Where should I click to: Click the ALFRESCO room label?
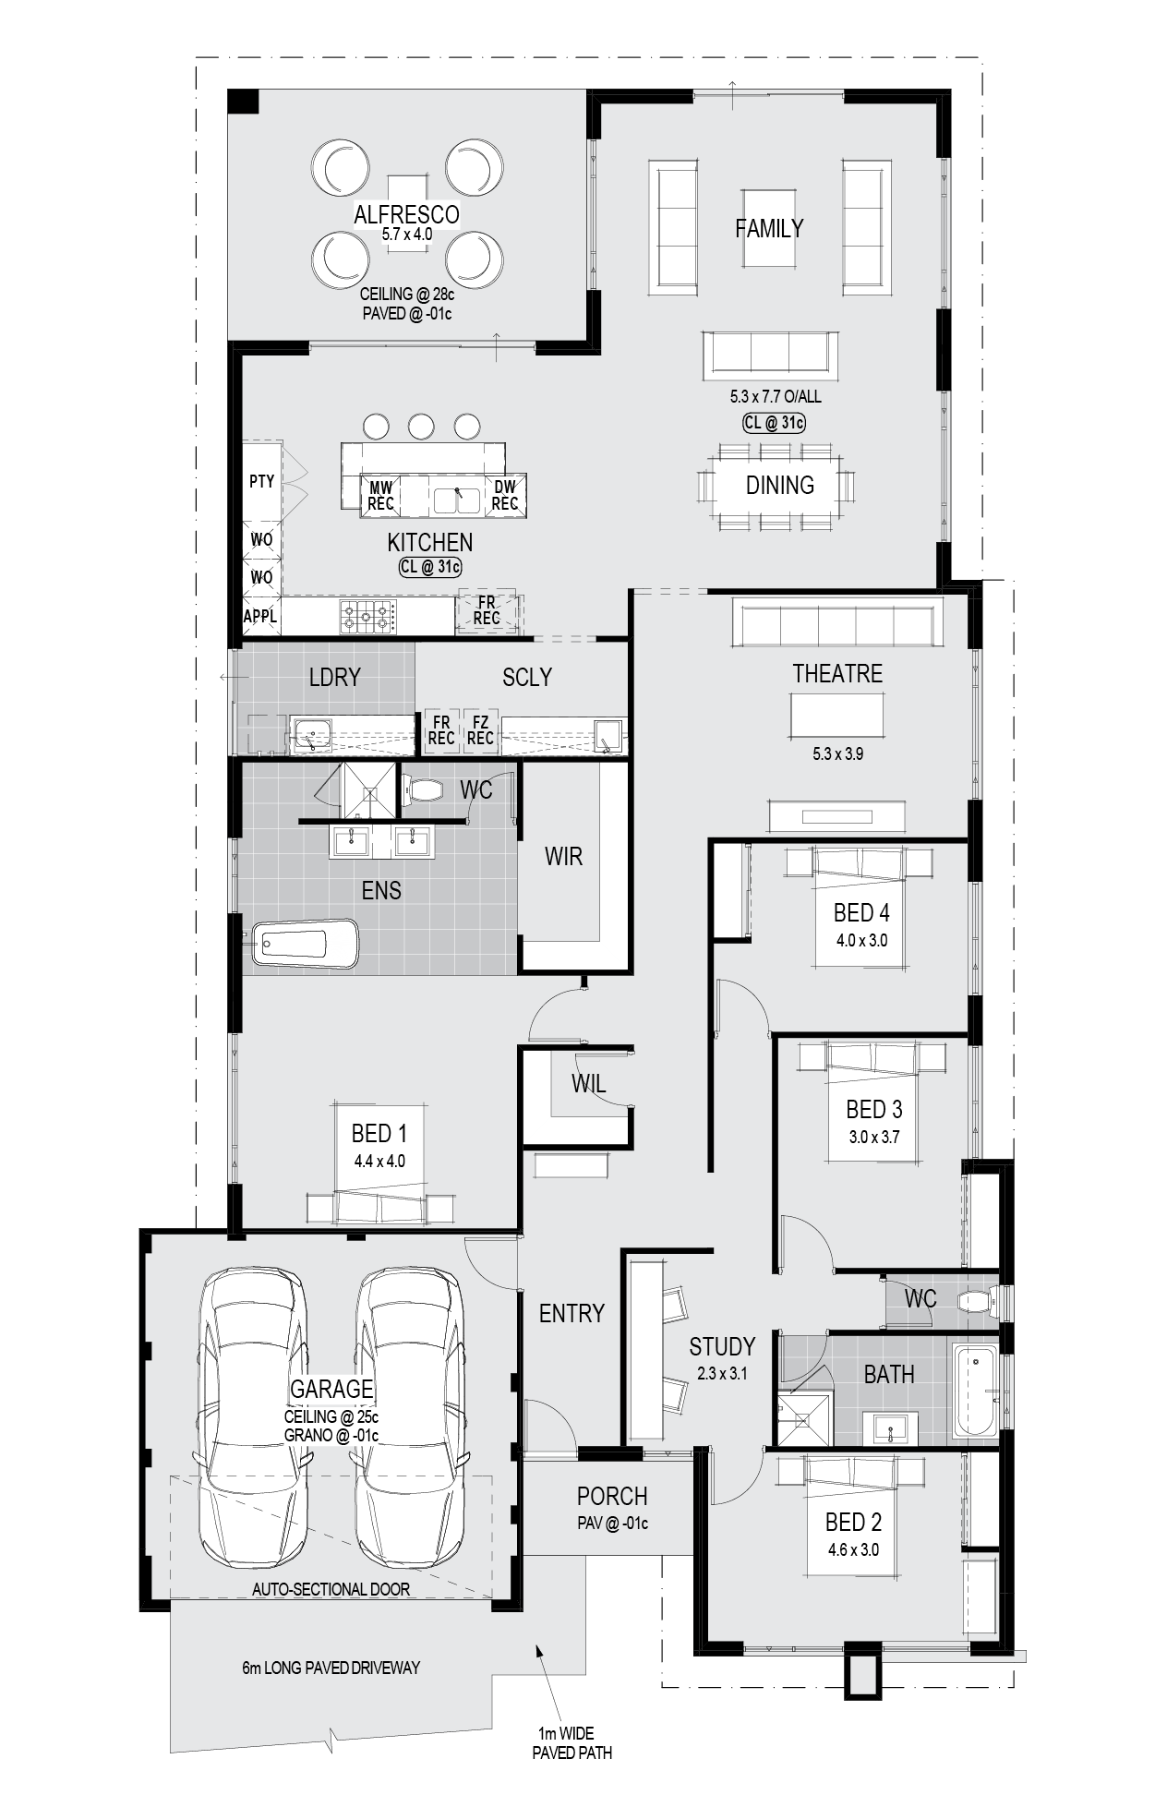[406, 215]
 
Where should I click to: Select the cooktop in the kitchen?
[368, 617]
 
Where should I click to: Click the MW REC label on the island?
[380, 496]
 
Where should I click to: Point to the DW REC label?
[505, 496]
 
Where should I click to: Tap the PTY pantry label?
[261, 481]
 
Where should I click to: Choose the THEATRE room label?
[837, 674]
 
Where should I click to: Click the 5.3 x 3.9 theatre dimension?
[837, 753]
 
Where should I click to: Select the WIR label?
[563, 857]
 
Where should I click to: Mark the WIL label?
[588, 1083]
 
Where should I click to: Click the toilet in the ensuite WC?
[424, 790]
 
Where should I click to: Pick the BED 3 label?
[873, 1109]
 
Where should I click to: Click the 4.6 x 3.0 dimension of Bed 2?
[853, 1549]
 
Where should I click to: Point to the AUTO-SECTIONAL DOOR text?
[331, 1589]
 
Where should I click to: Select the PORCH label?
[612, 1496]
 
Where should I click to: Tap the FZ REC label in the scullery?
[480, 730]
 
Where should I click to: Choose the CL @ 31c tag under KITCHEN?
[430, 567]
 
